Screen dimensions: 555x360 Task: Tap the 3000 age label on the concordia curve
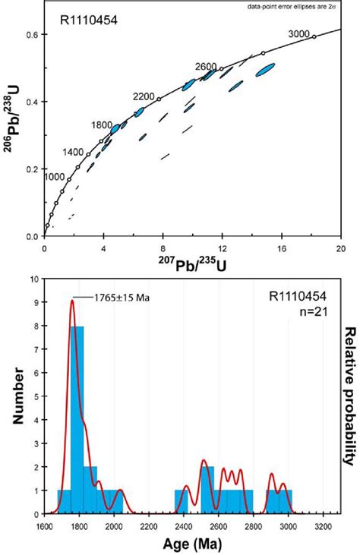tap(302, 33)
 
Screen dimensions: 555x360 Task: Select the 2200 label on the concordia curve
tap(144, 96)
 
